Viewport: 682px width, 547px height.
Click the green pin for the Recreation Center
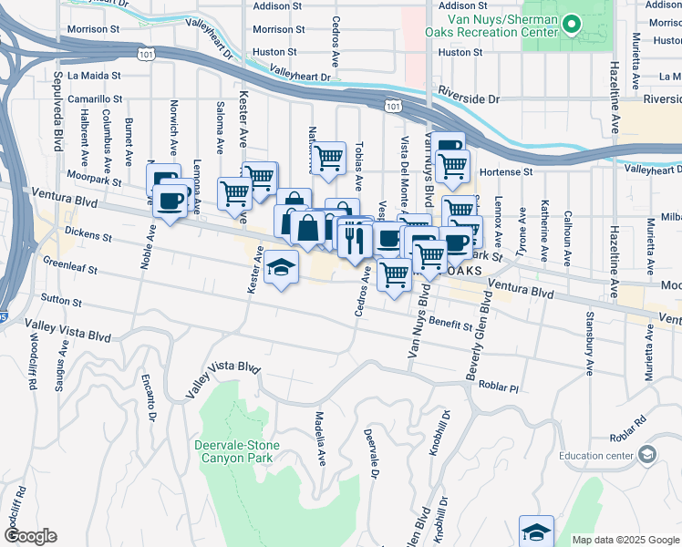click(x=573, y=24)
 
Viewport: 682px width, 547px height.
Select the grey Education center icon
click(x=647, y=454)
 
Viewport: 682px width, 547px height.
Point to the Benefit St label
click(x=449, y=324)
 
